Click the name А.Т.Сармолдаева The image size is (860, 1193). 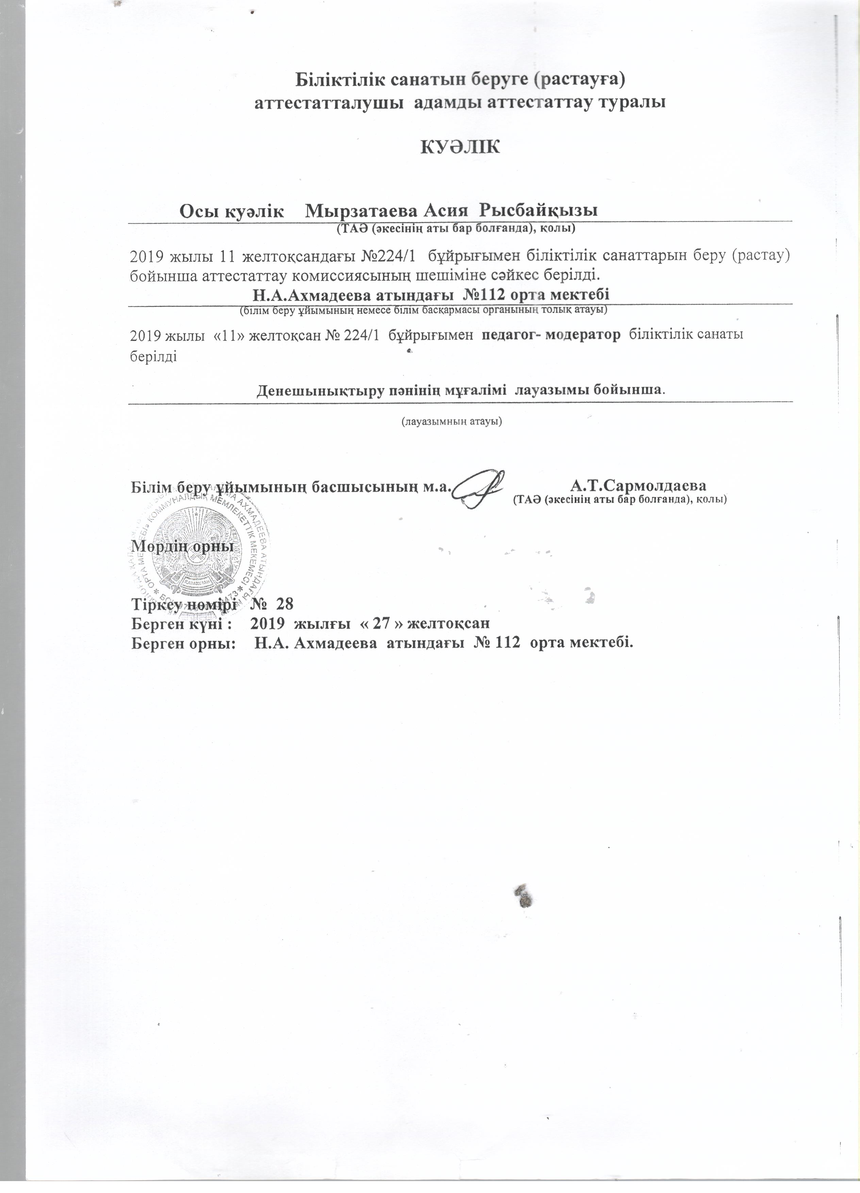(639, 483)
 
